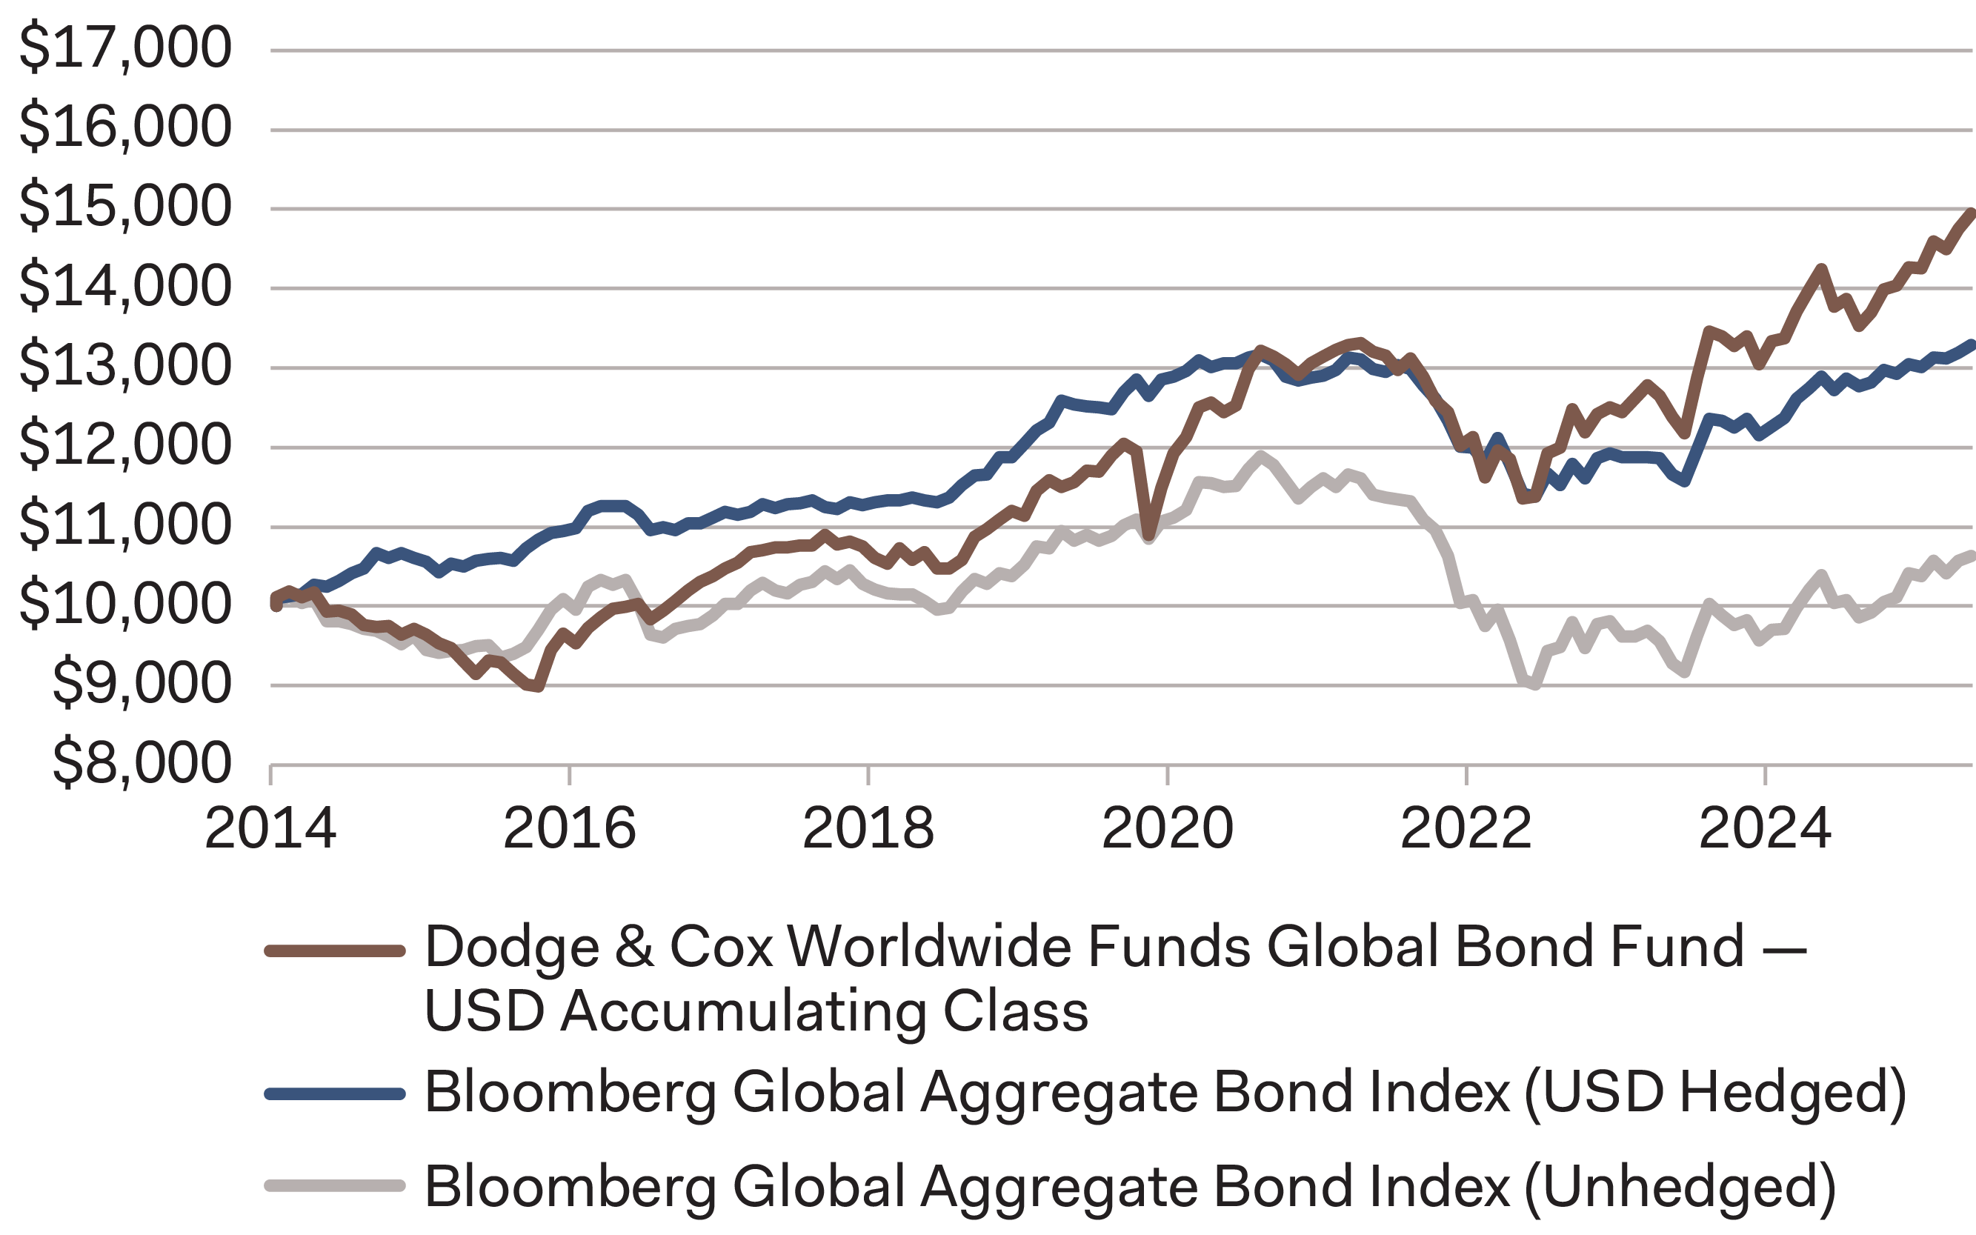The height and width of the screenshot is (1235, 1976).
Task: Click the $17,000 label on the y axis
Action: [125, 47]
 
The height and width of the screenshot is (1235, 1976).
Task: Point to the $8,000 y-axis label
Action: [142, 763]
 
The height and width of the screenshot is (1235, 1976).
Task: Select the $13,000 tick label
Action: [125, 365]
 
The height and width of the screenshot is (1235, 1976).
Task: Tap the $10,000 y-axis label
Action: [125, 604]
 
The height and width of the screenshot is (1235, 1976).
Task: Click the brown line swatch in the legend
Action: [335, 951]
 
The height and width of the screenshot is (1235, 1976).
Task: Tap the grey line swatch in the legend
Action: [335, 1186]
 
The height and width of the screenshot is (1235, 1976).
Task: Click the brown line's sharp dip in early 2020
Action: [1149, 535]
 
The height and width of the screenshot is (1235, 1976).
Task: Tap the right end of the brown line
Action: [1971, 214]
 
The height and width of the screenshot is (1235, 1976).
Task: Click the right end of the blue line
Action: [1972, 344]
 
